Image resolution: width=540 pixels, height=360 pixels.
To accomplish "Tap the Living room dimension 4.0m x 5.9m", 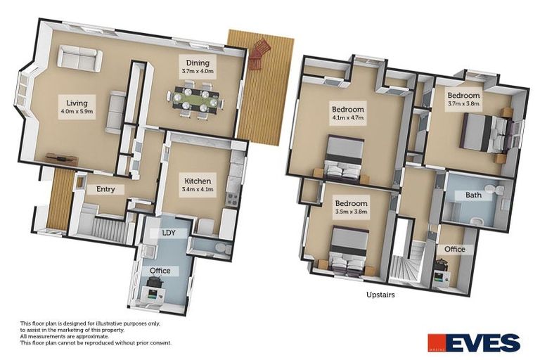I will point(77,111).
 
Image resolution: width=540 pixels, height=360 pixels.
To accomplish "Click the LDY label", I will point(169,233).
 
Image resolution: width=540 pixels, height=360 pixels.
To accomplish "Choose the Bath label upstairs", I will point(473,195).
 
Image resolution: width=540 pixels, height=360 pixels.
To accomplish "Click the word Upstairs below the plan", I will point(380,295).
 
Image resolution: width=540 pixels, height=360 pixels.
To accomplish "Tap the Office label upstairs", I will point(454,249).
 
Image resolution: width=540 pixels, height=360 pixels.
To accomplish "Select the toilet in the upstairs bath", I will point(500,191).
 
